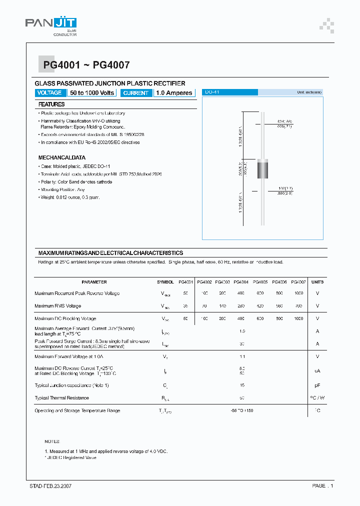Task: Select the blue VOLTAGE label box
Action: pos(49,92)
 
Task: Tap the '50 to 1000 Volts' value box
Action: pos(92,92)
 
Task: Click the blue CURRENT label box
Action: pos(135,93)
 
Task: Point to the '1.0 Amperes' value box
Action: pos(174,93)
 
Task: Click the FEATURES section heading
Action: pos(51,104)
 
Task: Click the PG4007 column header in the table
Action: pos(298,282)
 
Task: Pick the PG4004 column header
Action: pos(241,282)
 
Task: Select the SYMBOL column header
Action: pos(165,282)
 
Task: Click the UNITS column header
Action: pos(317,282)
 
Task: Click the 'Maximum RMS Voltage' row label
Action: pos(57,306)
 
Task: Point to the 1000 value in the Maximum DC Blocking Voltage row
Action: pos(298,318)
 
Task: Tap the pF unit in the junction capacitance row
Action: pos(317,385)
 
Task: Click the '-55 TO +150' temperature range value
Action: pos(242,410)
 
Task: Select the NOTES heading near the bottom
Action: pos(52,441)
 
